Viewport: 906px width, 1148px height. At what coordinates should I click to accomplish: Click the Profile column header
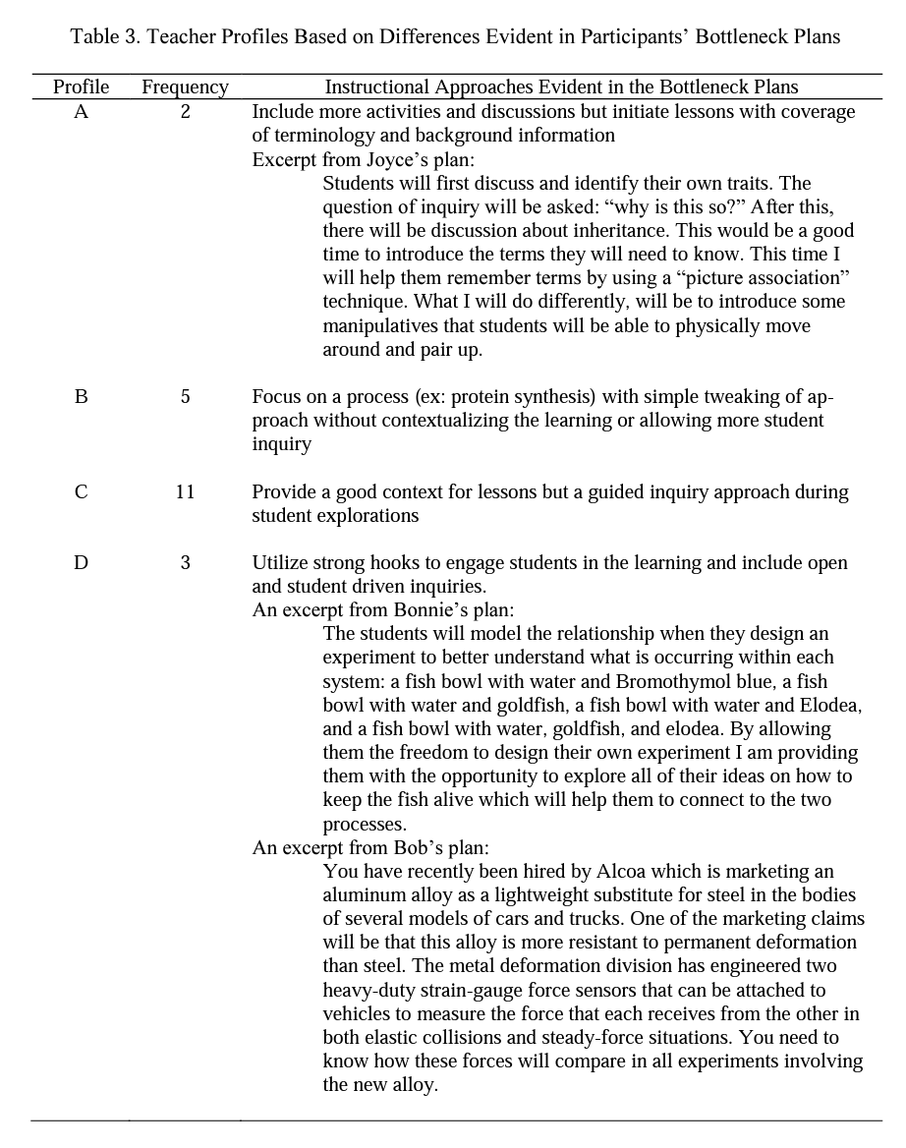(x=81, y=87)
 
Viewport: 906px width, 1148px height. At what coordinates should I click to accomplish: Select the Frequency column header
(x=185, y=87)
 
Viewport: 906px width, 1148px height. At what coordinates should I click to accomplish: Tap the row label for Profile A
(x=81, y=112)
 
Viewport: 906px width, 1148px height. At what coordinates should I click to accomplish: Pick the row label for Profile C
(x=81, y=491)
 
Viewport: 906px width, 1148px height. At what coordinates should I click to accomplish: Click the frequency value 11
(x=185, y=491)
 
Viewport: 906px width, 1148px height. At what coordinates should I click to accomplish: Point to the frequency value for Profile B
(x=185, y=397)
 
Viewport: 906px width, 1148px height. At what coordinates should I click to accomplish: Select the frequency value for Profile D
(x=185, y=563)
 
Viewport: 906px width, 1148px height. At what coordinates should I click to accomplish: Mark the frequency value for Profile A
(x=185, y=112)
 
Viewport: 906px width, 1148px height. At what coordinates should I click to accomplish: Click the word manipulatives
(x=378, y=325)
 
